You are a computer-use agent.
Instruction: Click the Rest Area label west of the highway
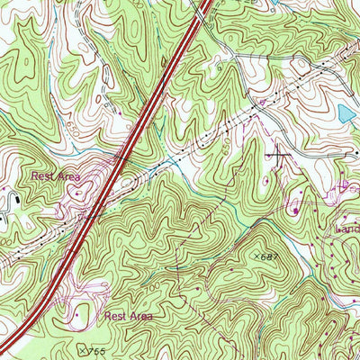(56, 177)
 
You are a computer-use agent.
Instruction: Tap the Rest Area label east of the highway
(128, 317)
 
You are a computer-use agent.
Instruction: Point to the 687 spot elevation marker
(261, 257)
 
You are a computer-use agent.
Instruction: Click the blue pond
(346, 113)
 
